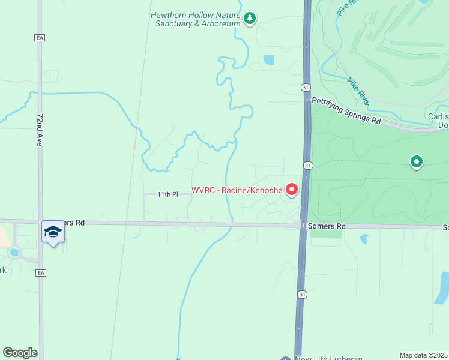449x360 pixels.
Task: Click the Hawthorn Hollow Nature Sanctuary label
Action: pos(195,19)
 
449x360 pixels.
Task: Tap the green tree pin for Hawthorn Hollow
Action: pos(250,19)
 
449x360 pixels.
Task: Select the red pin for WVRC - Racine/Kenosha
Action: pos(292,190)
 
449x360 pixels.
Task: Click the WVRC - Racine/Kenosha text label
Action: pos(237,191)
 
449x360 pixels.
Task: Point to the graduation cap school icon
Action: pos(53,232)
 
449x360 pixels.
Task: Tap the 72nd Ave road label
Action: pos(40,129)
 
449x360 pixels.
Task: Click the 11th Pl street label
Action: pos(168,194)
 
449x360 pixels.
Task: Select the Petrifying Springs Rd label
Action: pos(346,121)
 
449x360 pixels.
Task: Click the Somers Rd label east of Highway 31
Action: pos(327,226)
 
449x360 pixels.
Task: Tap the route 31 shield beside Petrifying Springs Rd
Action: pos(306,88)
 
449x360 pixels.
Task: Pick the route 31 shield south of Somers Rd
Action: pos(303,294)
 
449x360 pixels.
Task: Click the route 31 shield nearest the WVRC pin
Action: pos(307,165)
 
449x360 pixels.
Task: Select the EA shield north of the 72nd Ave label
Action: pos(40,37)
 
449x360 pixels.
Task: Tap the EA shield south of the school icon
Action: pos(40,272)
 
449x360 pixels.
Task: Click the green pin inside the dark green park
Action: pos(416,161)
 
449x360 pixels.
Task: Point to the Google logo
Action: pos(20,352)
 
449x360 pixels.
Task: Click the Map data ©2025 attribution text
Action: pos(423,355)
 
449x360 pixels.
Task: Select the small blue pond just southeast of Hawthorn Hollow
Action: pos(268,60)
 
